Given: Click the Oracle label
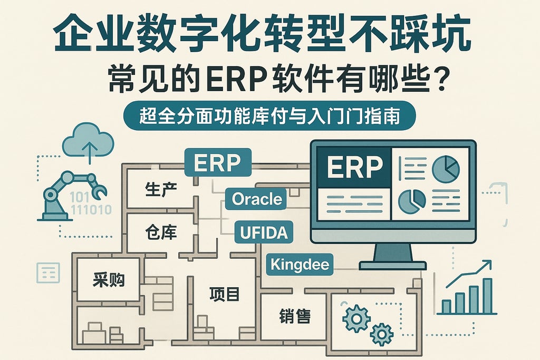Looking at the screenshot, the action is pos(257,199).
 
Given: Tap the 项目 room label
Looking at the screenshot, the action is pos(224,294).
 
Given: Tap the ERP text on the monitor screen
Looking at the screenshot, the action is pos(354,167).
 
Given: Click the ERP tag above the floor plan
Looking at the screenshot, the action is pos(217,163).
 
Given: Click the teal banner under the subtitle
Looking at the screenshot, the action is pos(269,116).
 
